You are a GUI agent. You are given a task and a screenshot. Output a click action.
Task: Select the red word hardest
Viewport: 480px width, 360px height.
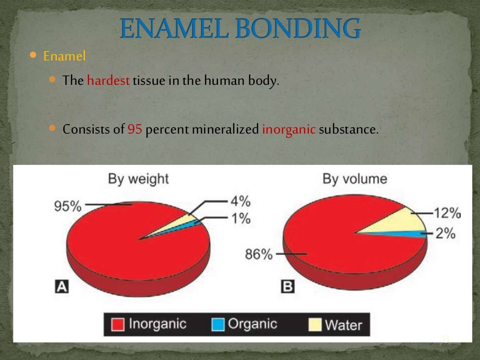[108, 81]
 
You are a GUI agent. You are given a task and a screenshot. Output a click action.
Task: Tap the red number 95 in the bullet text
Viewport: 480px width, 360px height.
[135, 129]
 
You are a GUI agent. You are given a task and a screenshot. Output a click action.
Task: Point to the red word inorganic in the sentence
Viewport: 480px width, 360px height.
[289, 129]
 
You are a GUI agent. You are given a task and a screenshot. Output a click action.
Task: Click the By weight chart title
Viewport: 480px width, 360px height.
[138, 179]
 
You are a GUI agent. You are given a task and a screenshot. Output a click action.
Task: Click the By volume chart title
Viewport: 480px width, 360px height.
[354, 179]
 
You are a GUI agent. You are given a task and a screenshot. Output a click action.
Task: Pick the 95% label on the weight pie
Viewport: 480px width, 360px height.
[68, 206]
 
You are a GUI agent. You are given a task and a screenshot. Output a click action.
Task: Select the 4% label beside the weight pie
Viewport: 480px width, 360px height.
[240, 202]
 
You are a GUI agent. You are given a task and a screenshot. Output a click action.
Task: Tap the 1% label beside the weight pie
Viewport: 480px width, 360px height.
[240, 218]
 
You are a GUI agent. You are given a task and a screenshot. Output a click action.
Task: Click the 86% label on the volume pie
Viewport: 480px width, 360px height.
[258, 255]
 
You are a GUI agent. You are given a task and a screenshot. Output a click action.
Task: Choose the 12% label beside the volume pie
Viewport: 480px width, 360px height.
[446, 214]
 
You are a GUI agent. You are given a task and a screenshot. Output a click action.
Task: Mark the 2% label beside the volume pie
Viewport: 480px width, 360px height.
[445, 233]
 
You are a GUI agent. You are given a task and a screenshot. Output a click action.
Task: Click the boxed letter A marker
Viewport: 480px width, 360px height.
[61, 286]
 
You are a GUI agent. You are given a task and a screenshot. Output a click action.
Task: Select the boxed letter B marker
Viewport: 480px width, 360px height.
[287, 286]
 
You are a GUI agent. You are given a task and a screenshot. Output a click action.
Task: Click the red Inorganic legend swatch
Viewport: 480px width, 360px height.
[118, 324]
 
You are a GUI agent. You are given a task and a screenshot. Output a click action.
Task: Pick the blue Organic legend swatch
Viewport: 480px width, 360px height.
[218, 324]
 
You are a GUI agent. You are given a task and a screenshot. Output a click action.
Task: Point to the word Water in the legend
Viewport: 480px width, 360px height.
[344, 325]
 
